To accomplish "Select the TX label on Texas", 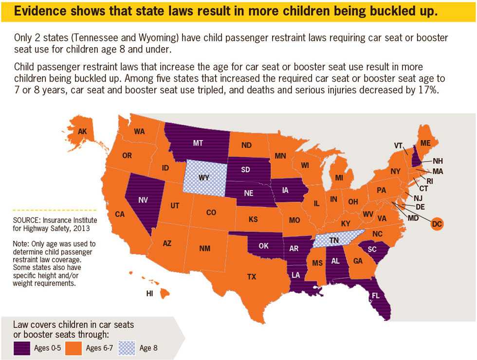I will click(x=251, y=276).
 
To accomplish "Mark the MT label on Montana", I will click(x=197, y=143).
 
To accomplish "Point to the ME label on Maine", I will click(x=426, y=143).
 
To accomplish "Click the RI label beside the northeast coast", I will click(x=429, y=180).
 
